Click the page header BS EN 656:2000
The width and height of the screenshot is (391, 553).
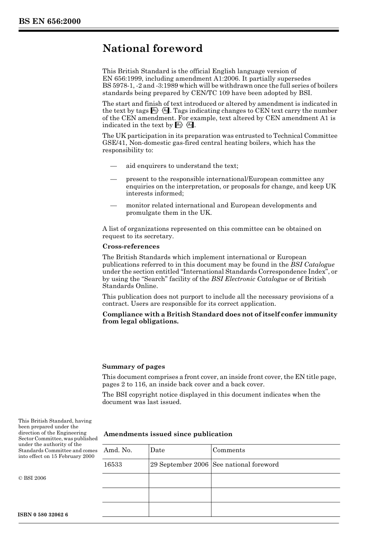(x=49, y=21)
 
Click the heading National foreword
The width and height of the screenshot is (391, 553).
(x=152, y=49)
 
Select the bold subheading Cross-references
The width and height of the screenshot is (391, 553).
(x=130, y=246)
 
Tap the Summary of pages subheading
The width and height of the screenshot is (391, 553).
(x=133, y=367)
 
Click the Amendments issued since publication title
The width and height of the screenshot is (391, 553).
(x=168, y=434)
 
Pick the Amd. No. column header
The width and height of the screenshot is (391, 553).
(x=118, y=450)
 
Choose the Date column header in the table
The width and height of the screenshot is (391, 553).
(x=157, y=450)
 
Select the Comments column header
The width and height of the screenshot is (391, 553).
(x=228, y=450)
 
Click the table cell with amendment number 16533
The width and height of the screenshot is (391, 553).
(x=113, y=465)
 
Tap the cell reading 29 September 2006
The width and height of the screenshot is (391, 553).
(x=179, y=465)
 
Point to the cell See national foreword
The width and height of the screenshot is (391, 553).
(x=245, y=465)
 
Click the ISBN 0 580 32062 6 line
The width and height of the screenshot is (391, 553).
(x=43, y=515)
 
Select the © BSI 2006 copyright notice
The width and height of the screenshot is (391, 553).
(x=32, y=478)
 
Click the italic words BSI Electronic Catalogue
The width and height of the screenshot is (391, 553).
(x=249, y=279)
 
